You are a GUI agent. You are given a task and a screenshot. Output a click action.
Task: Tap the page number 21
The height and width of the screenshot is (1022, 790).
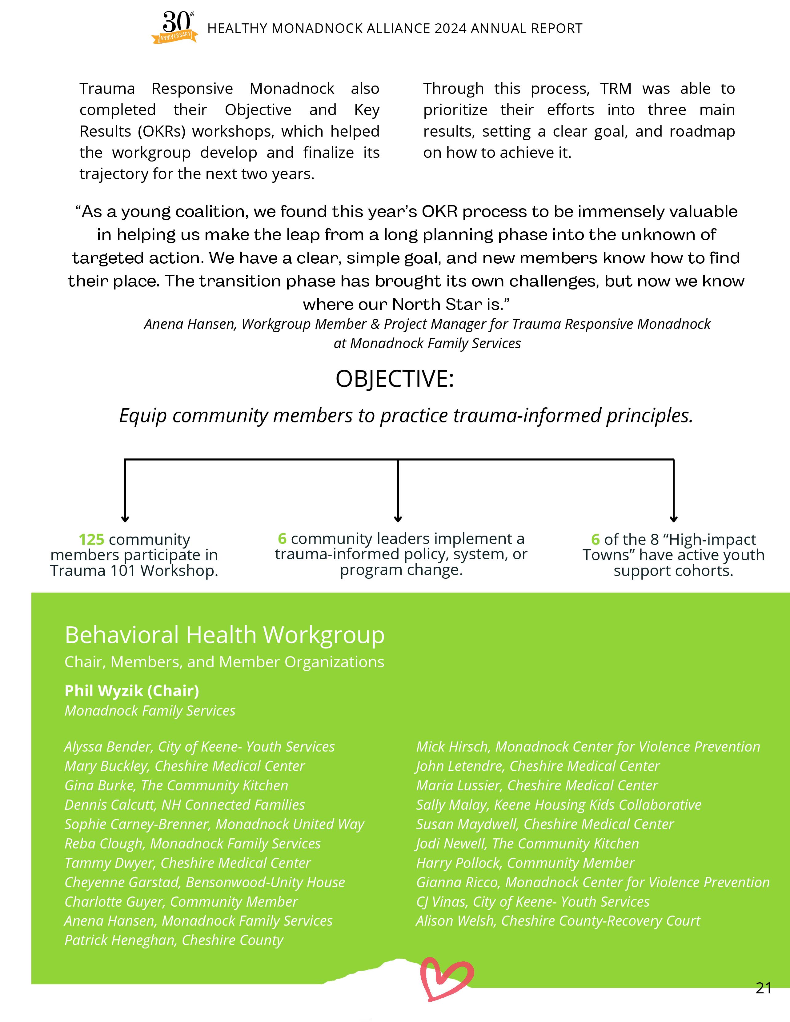(763, 988)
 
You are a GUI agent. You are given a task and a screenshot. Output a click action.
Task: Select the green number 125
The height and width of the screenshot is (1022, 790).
(91, 540)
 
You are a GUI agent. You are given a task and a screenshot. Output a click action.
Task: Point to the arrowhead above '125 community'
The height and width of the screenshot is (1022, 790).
(125, 518)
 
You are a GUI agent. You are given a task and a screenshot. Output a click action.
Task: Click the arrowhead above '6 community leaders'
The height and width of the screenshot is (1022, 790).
(398, 518)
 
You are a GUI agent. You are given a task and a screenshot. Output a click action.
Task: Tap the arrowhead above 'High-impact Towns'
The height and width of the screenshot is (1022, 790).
(673, 518)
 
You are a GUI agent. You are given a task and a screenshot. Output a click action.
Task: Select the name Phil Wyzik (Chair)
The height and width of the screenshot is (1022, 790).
(131, 691)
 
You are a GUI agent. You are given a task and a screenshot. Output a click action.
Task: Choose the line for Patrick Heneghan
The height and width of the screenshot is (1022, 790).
(174, 940)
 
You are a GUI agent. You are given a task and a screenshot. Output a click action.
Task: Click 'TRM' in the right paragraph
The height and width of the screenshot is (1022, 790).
(616, 88)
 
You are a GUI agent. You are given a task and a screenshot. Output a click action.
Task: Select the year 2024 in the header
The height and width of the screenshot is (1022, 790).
(450, 29)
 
